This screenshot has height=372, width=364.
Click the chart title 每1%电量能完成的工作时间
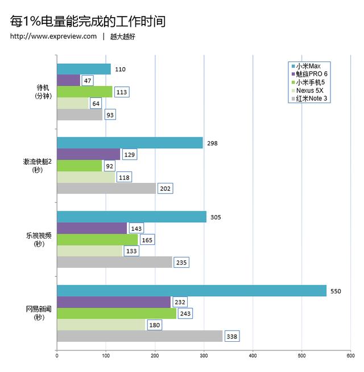pos(88,21)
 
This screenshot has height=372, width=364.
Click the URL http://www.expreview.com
pos(53,37)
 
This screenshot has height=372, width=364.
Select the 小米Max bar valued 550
pos(191,291)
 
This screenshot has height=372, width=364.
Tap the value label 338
pos(231,336)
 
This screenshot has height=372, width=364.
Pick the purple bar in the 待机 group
pos(68,80)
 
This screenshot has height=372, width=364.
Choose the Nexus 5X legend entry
pos(311,91)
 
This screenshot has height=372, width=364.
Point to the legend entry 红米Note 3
pos(311,99)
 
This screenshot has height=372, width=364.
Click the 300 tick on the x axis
pos(204,356)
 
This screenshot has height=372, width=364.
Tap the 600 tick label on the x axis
pos(350,356)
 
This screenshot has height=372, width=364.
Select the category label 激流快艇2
pos(38,162)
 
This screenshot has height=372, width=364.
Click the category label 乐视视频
pos(39,236)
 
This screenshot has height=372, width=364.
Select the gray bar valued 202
pos(106,188)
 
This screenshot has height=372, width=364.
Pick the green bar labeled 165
pos(97,239)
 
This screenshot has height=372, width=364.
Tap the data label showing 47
pos(88,81)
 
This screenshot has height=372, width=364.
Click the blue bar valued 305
pos(131,216)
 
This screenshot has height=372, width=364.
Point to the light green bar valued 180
pos(101,325)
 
